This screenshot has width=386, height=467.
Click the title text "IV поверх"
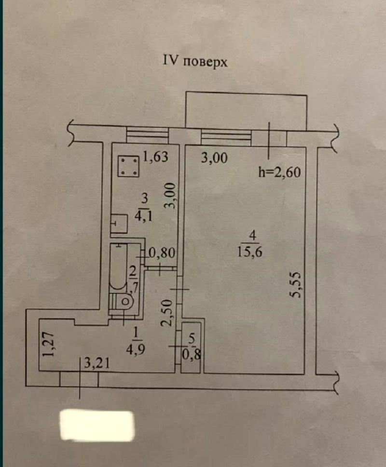[x=193, y=62]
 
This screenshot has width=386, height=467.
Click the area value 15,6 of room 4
[x=254, y=251]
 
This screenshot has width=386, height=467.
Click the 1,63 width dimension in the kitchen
[x=155, y=158]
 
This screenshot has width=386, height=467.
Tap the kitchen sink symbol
[x=119, y=224]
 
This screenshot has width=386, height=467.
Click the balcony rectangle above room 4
[x=246, y=110]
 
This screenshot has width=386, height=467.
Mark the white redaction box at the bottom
[x=96, y=426]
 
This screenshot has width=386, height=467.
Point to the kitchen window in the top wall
[x=147, y=134]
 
